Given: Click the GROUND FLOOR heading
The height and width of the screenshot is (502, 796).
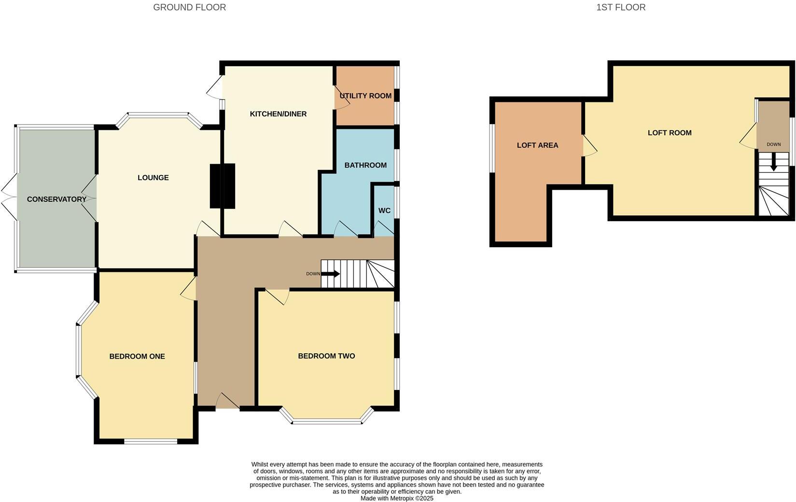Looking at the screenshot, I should point(189,7).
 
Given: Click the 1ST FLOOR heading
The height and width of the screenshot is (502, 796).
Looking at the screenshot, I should point(621,7).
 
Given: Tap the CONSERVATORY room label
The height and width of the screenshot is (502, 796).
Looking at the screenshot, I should point(56,199).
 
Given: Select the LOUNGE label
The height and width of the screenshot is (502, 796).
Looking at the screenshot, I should point(153,178).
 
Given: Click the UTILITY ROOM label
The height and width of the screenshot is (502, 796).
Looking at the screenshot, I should point(365,96).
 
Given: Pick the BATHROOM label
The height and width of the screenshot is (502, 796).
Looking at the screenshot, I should point(365,165).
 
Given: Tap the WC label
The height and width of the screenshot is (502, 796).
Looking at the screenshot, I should point(384,210).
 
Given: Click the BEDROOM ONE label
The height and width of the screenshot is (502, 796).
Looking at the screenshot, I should point(137,356).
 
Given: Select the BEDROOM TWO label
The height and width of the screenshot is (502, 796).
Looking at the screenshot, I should point(326,356).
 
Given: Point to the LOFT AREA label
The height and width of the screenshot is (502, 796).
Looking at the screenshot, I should point(537,145).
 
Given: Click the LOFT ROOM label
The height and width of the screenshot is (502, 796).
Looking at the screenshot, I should point(670,133).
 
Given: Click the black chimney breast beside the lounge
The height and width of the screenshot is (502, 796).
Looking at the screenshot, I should point(223,186).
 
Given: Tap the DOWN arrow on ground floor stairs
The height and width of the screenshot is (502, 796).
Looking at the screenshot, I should point(331,274).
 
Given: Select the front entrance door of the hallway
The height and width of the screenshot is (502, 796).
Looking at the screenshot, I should point(227,402).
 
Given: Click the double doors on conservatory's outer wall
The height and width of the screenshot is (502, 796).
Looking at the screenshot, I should point(10,199).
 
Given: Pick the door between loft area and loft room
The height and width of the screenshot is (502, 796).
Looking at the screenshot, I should point(589,145).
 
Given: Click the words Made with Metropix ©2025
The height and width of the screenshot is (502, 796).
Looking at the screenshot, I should point(397,498).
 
